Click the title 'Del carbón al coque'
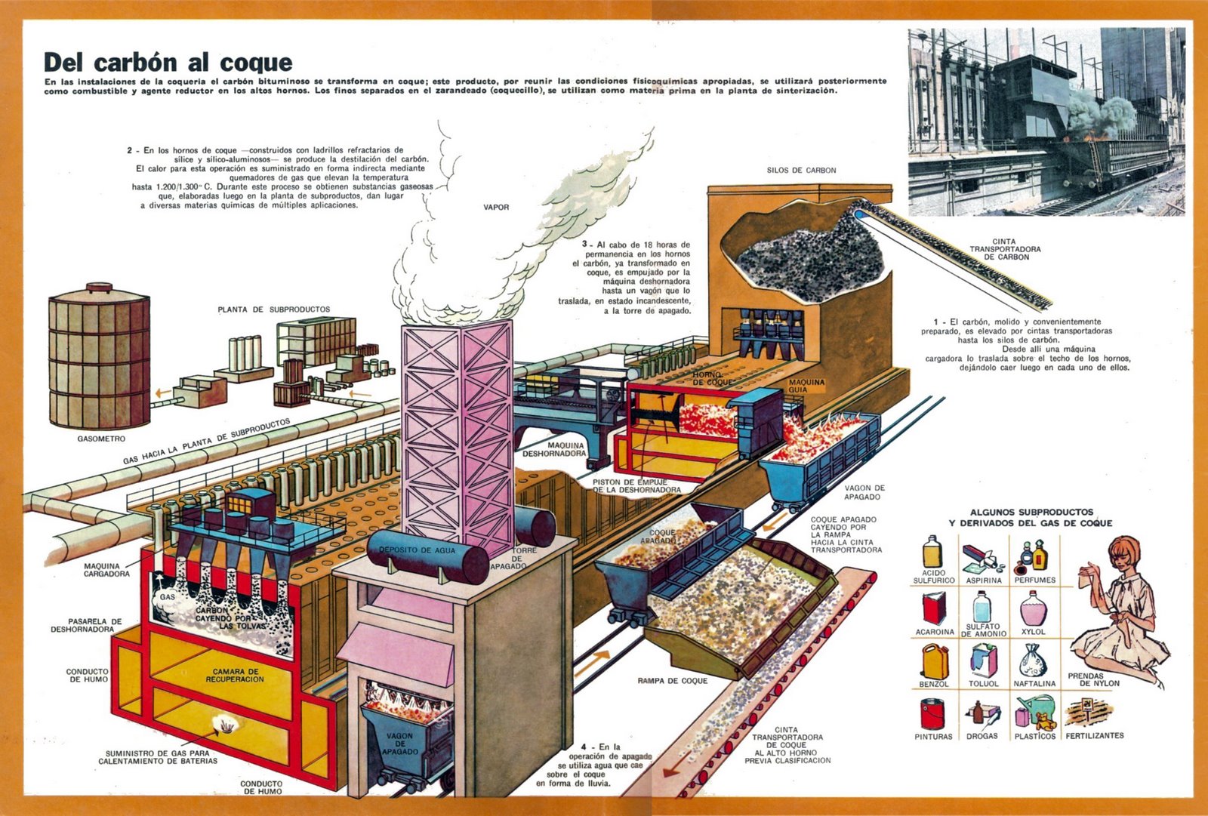click(x=168, y=62)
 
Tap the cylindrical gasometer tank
click(x=99, y=359)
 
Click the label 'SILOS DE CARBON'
click(x=801, y=171)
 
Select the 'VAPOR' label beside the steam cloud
click(x=496, y=207)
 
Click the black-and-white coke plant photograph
click(x=1046, y=122)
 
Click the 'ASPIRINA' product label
click(x=984, y=580)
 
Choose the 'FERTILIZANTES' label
click(x=1094, y=735)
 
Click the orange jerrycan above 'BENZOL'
click(x=934, y=661)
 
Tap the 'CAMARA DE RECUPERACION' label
click(x=235, y=675)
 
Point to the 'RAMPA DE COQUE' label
click(x=672, y=681)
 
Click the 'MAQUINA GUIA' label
click(x=806, y=386)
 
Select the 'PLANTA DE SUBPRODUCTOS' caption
click(x=273, y=309)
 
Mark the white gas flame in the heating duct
click(x=226, y=724)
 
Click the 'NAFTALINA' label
click(x=1034, y=684)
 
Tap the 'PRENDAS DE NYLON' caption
click(x=1093, y=679)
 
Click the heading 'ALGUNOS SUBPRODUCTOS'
click(x=1031, y=512)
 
